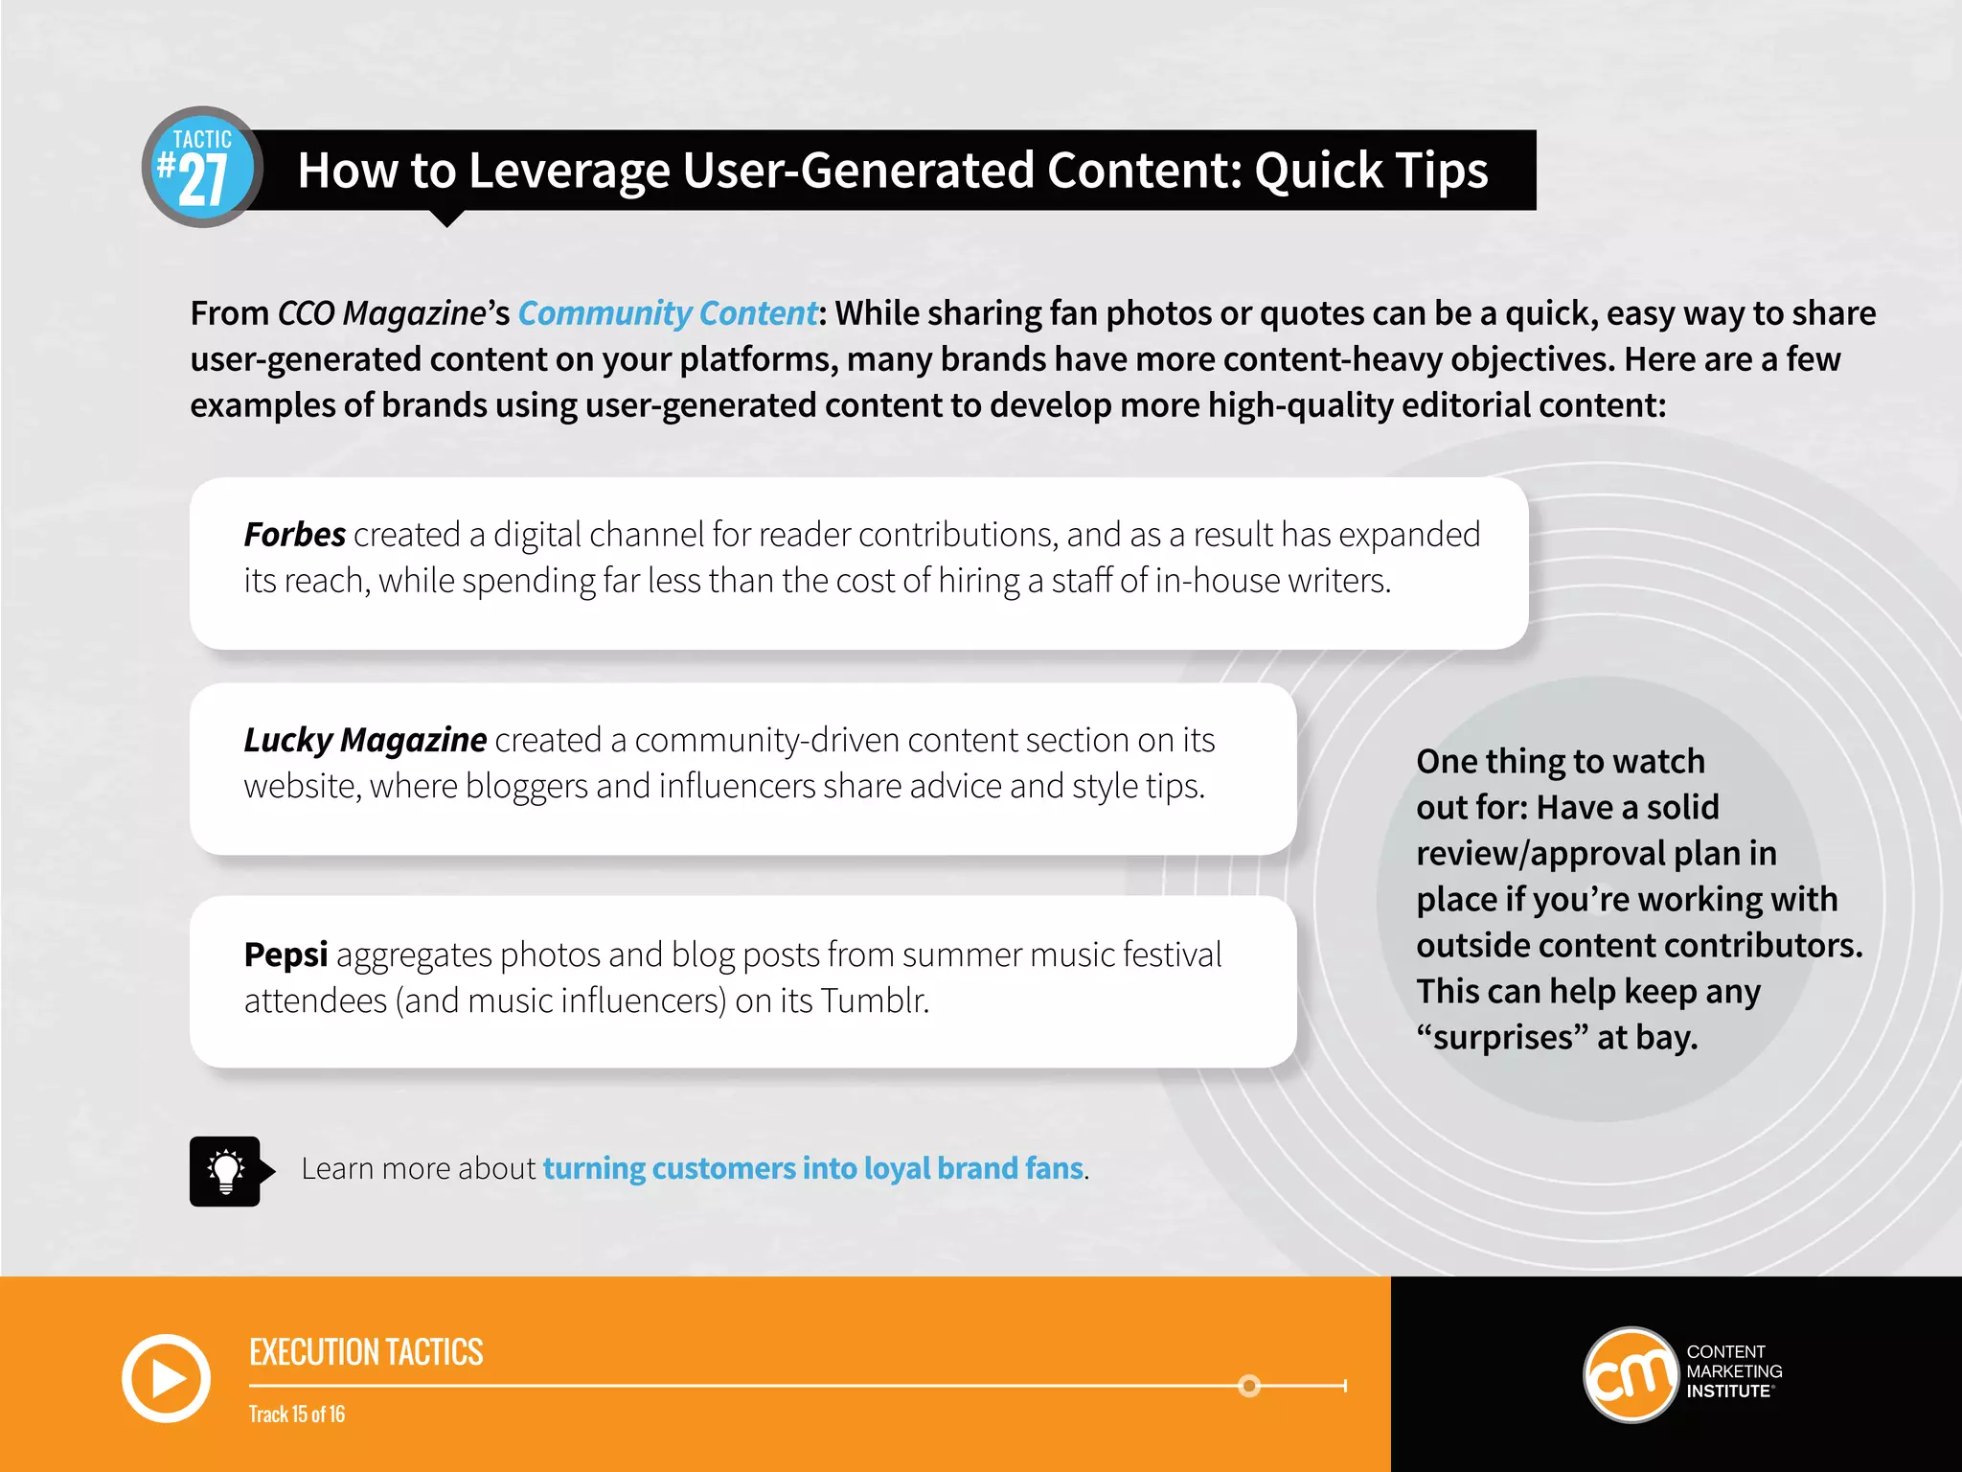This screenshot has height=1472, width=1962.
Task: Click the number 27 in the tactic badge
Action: tap(203, 181)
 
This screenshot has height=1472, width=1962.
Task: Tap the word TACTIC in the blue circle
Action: tap(202, 140)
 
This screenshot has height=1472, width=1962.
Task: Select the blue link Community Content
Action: tap(668, 313)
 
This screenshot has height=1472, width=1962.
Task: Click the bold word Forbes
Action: tap(294, 535)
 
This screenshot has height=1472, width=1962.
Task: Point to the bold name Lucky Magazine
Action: tap(365, 740)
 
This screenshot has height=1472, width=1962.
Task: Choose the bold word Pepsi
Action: tap(285, 954)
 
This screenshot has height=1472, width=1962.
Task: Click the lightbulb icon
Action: tap(226, 1171)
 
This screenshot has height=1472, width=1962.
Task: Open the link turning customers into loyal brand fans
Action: tap(813, 1168)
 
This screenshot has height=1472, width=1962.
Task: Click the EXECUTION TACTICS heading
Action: tap(366, 1352)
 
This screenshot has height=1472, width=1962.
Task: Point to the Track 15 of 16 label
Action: tap(297, 1414)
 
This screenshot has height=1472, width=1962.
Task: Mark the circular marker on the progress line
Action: tap(1249, 1386)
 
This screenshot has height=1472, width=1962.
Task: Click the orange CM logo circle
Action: tap(1631, 1375)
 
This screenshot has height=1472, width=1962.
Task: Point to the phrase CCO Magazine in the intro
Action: tap(382, 313)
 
